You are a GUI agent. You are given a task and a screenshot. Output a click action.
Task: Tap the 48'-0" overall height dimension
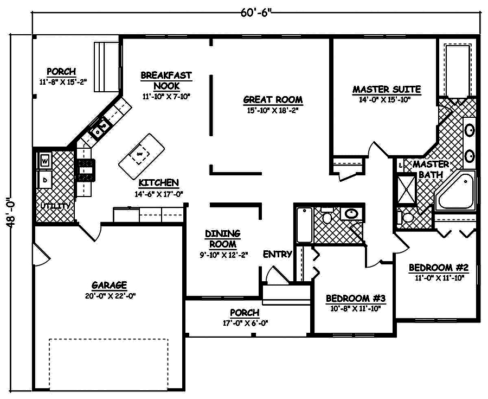click(x=13, y=213)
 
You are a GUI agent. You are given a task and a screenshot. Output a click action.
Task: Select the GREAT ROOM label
click(x=273, y=100)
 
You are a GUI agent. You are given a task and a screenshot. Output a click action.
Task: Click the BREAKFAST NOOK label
click(x=166, y=80)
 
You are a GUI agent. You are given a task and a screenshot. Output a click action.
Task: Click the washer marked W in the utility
click(x=44, y=161)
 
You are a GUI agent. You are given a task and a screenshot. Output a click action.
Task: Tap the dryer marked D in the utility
click(x=44, y=180)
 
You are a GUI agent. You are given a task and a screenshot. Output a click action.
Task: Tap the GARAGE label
click(x=109, y=285)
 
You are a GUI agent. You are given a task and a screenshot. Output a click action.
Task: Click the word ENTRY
click(x=278, y=254)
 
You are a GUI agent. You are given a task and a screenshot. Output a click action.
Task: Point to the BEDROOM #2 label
click(x=439, y=268)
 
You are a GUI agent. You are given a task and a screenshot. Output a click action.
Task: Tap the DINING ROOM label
click(x=222, y=238)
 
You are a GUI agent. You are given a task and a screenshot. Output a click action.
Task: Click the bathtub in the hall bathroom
click(x=304, y=226)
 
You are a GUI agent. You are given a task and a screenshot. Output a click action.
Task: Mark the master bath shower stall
click(x=406, y=188)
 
